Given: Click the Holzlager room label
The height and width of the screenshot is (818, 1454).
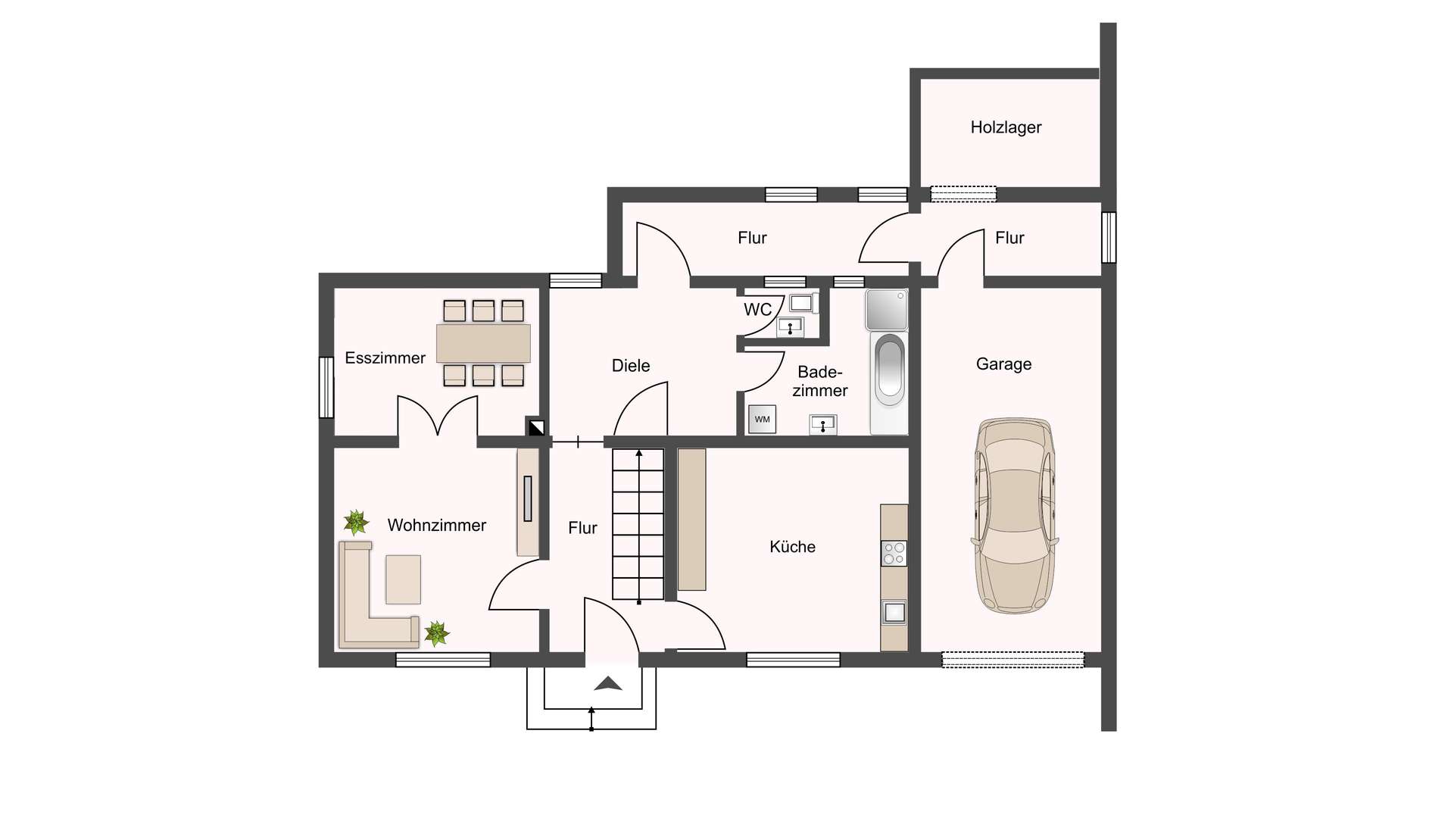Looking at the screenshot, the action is click(1006, 127).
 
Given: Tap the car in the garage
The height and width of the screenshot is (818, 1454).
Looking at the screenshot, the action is click(1014, 516).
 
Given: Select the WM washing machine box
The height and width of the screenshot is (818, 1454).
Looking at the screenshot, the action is click(762, 419).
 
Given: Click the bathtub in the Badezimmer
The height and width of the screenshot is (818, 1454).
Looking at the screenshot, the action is click(889, 382).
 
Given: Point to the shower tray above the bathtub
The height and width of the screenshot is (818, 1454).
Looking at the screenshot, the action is click(887, 309).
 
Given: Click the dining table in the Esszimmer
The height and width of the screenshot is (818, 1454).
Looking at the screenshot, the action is click(483, 343).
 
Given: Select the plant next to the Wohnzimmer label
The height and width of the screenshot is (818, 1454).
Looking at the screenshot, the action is click(356, 522).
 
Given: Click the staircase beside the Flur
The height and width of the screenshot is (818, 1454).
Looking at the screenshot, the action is click(638, 525).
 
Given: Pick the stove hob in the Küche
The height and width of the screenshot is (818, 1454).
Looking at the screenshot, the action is click(894, 554).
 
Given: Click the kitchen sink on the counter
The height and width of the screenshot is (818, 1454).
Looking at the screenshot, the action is click(894, 612).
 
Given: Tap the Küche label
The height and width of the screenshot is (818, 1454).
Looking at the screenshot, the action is click(792, 547).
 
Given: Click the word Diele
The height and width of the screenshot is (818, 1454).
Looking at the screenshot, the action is click(631, 366).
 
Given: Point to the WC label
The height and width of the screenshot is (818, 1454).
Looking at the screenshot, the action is click(757, 310).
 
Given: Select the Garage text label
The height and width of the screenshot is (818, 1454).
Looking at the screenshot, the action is click(1003, 364).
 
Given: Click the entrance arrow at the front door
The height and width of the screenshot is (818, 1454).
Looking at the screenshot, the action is click(608, 684).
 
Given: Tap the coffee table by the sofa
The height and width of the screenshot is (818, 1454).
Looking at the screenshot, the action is click(403, 579).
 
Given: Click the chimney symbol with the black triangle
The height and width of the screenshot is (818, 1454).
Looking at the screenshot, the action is click(536, 427).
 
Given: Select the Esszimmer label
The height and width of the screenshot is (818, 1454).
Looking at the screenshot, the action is click(385, 358).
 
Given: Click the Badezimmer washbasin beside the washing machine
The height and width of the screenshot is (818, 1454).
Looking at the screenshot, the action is click(823, 425).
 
